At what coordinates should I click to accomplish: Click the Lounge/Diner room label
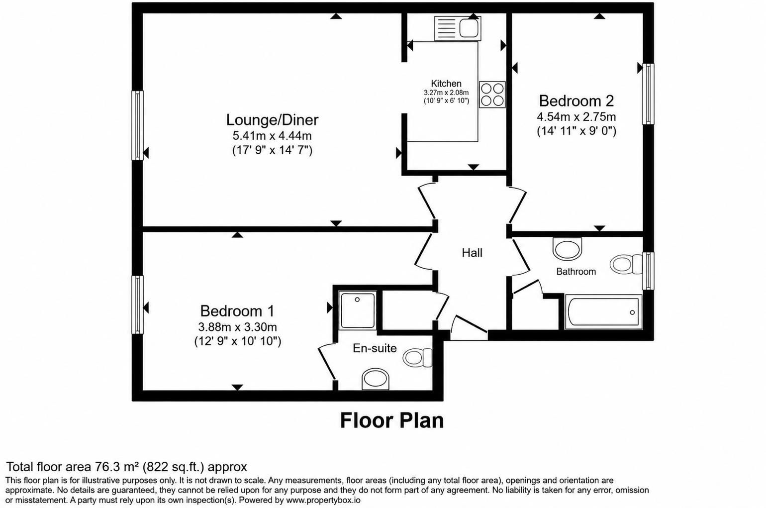click(x=272, y=120)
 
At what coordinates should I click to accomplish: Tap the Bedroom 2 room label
click(x=576, y=101)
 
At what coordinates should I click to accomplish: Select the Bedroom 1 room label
click(x=237, y=311)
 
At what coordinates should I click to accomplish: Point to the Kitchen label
click(x=446, y=84)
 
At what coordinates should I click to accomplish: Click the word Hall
click(x=472, y=253)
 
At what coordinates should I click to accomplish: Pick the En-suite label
click(x=375, y=348)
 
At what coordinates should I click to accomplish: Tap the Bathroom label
click(x=575, y=272)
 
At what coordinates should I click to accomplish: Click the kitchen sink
click(x=458, y=28)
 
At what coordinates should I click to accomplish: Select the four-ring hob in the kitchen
click(x=492, y=95)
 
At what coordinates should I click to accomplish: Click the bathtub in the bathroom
click(x=603, y=312)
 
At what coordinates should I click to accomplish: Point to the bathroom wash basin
click(x=567, y=248)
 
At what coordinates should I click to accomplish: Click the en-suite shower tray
click(x=357, y=310)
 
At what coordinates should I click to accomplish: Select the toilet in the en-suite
click(x=417, y=357)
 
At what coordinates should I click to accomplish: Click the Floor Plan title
click(x=391, y=420)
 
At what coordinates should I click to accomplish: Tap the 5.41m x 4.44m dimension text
click(x=272, y=136)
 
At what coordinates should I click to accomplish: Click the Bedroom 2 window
click(x=648, y=94)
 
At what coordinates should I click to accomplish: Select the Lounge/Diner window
click(x=138, y=125)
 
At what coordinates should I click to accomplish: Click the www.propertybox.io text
click(x=323, y=500)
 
